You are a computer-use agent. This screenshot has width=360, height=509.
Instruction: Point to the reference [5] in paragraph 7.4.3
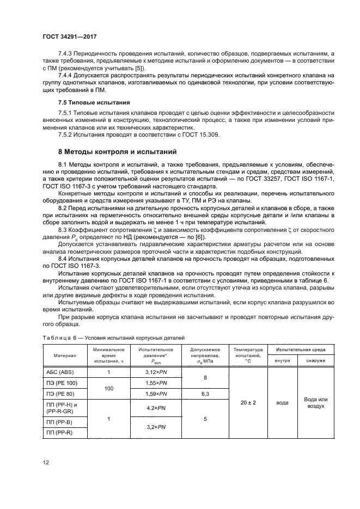(138, 69)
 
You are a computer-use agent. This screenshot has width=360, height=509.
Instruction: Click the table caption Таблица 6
(63, 338)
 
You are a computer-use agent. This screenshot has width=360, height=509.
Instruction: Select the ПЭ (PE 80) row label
(58, 393)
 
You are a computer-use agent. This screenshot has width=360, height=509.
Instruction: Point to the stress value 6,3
(205, 393)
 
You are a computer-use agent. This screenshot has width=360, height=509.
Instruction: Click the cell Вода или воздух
(315, 402)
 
